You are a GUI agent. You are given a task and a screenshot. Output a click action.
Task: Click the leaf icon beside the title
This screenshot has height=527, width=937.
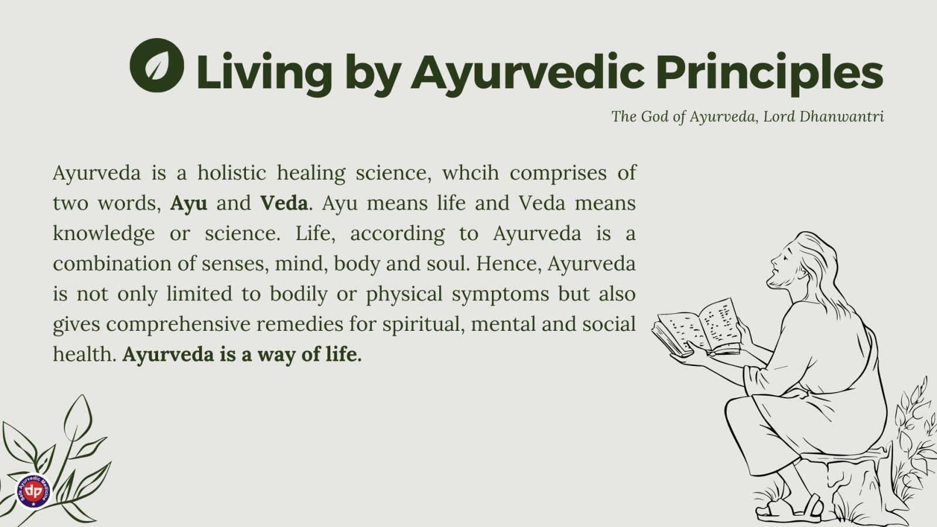coord(157,65)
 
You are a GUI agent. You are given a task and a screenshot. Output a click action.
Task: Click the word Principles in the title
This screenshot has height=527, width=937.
coord(770,73)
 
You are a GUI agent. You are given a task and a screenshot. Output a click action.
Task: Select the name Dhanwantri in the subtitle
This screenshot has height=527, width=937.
coord(842,117)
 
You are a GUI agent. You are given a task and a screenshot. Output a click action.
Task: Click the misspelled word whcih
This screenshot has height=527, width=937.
coord(471,172)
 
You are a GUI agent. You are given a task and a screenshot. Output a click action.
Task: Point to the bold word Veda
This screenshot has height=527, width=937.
coord(284,203)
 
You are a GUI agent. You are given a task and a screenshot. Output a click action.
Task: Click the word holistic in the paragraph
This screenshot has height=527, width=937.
coord(232,172)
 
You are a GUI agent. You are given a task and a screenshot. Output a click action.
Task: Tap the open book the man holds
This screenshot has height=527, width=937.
coord(695,328)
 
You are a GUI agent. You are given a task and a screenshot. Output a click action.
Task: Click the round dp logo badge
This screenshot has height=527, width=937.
coord(33,491)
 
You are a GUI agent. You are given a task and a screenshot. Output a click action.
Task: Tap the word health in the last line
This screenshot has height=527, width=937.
coord(84,354)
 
